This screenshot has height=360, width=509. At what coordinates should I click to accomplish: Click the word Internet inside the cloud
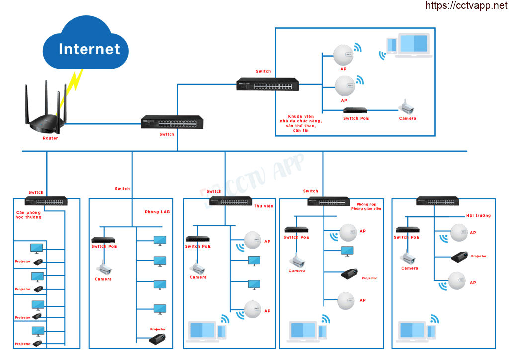[x=89, y=49]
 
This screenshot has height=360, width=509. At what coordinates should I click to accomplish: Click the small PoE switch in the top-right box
[x=355, y=110]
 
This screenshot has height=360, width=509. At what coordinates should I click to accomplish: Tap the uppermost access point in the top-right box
[x=343, y=55]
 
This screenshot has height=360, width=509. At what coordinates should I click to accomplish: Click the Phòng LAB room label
[x=157, y=212]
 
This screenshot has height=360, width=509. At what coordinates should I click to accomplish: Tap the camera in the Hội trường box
[x=408, y=258]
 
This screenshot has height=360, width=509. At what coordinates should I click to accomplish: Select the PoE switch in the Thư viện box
[x=198, y=239]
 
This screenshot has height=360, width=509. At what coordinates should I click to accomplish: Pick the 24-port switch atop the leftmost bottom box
[x=46, y=201]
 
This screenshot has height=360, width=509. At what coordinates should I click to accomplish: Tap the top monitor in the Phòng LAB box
[x=160, y=241]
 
